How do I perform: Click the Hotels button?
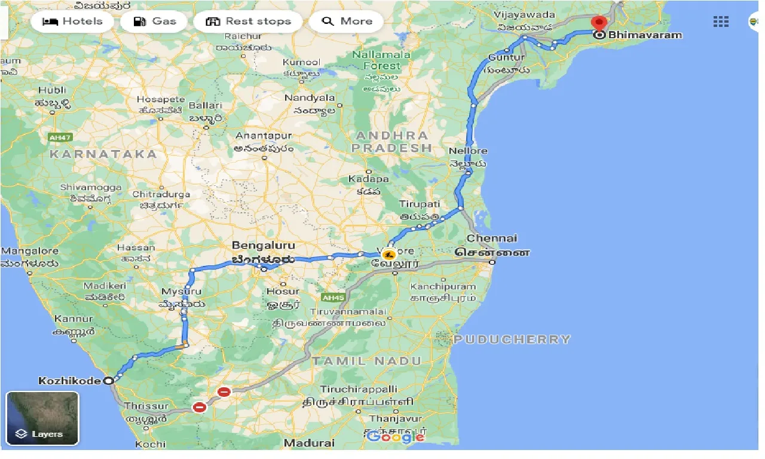[x=66, y=22]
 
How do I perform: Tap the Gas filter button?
[x=154, y=22]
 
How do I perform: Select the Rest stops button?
[x=248, y=22]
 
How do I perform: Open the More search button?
[x=347, y=22]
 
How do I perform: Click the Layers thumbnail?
[x=42, y=418]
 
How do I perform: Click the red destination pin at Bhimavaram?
[x=599, y=23]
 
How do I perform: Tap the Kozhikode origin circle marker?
[x=109, y=381]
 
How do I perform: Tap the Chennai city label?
[x=491, y=238]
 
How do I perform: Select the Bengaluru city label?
[x=263, y=246]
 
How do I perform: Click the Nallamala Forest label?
[x=381, y=60]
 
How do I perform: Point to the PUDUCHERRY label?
[x=512, y=339]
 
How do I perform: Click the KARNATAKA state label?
[x=103, y=154]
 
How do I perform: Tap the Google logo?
[x=396, y=437]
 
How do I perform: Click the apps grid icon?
[x=721, y=22]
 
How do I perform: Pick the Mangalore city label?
[x=30, y=251]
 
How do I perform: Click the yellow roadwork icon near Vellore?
[x=390, y=253]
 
